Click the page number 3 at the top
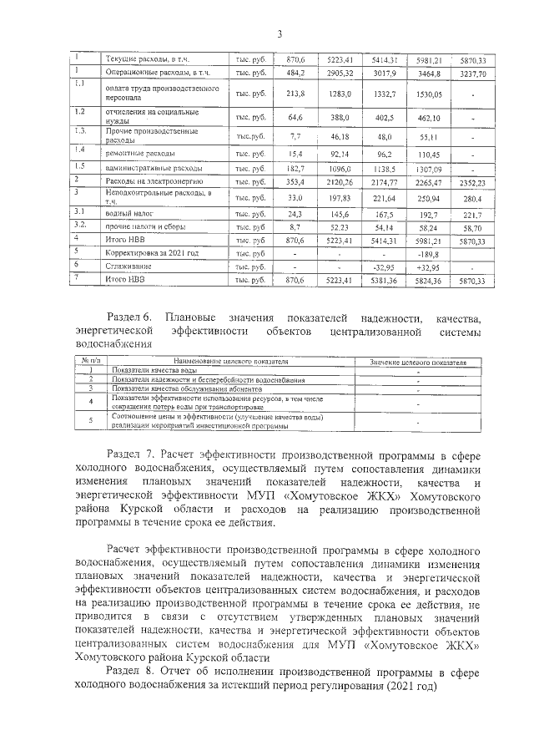280,33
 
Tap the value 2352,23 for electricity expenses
471,181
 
